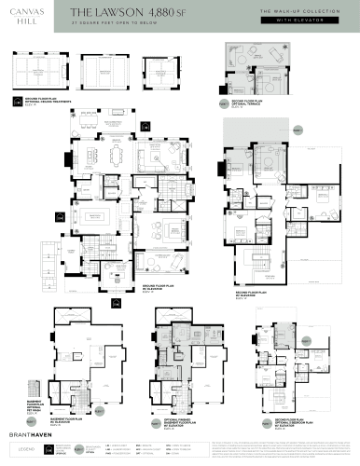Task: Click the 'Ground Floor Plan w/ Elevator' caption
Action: pos(155,288)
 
